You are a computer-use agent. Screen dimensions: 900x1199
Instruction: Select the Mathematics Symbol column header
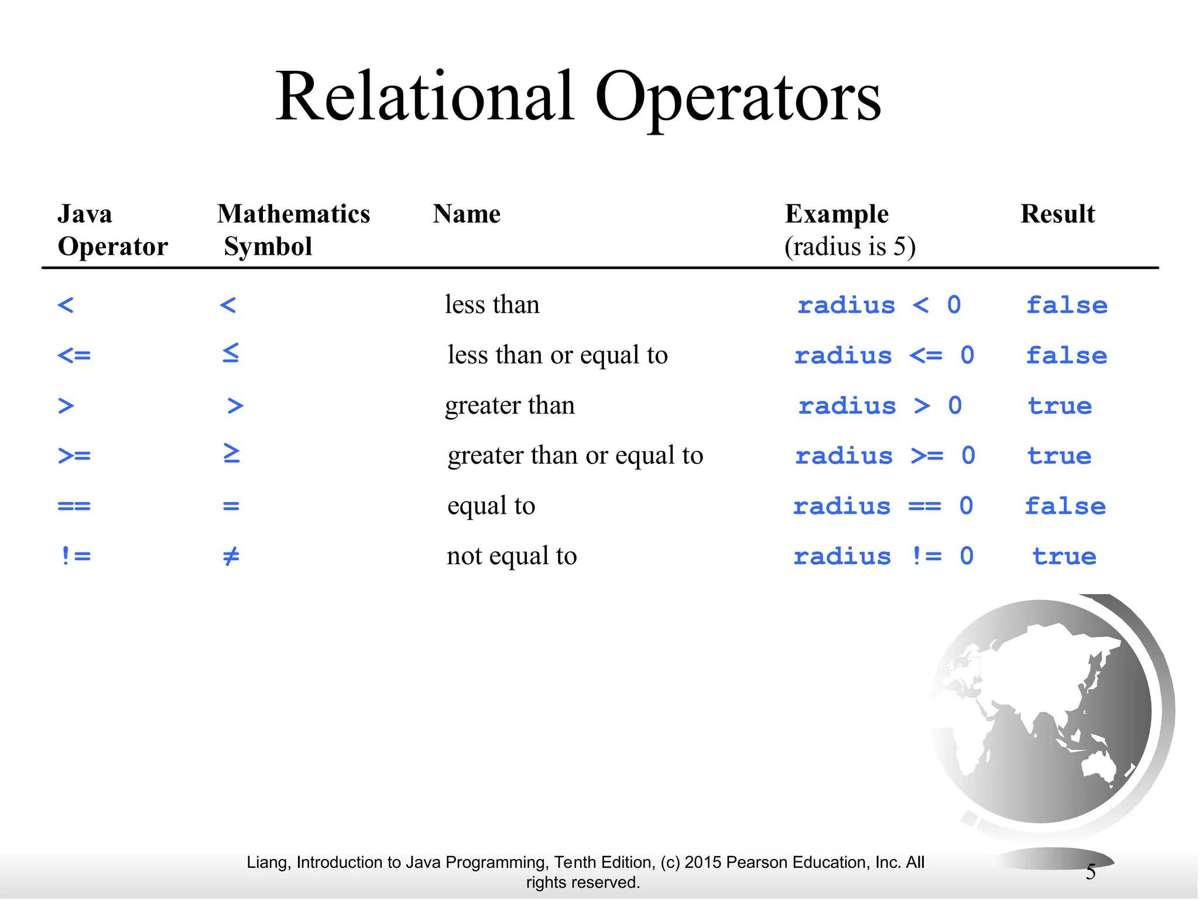point(293,230)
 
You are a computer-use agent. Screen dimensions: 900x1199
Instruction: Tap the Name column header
point(467,214)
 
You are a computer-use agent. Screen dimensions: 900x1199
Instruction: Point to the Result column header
point(1057,214)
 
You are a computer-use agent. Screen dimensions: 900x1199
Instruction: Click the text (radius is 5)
point(850,247)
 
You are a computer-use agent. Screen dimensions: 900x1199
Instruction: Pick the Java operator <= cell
point(74,355)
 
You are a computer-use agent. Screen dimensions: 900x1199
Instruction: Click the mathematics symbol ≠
point(231,556)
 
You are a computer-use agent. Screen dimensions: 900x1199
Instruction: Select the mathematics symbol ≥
point(231,454)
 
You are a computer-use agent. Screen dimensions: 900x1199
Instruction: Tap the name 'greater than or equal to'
point(575,456)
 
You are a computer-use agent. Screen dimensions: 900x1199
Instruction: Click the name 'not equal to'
point(512,556)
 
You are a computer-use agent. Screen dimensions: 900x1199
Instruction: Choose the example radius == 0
point(883,506)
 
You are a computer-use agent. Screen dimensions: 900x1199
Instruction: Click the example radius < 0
point(879,305)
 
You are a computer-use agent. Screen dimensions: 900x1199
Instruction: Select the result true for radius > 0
point(1060,406)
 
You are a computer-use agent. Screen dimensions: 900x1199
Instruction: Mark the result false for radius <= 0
point(1066,356)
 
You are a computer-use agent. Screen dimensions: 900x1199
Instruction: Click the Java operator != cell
point(76,556)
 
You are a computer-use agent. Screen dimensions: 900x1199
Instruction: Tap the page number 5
point(1090,872)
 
